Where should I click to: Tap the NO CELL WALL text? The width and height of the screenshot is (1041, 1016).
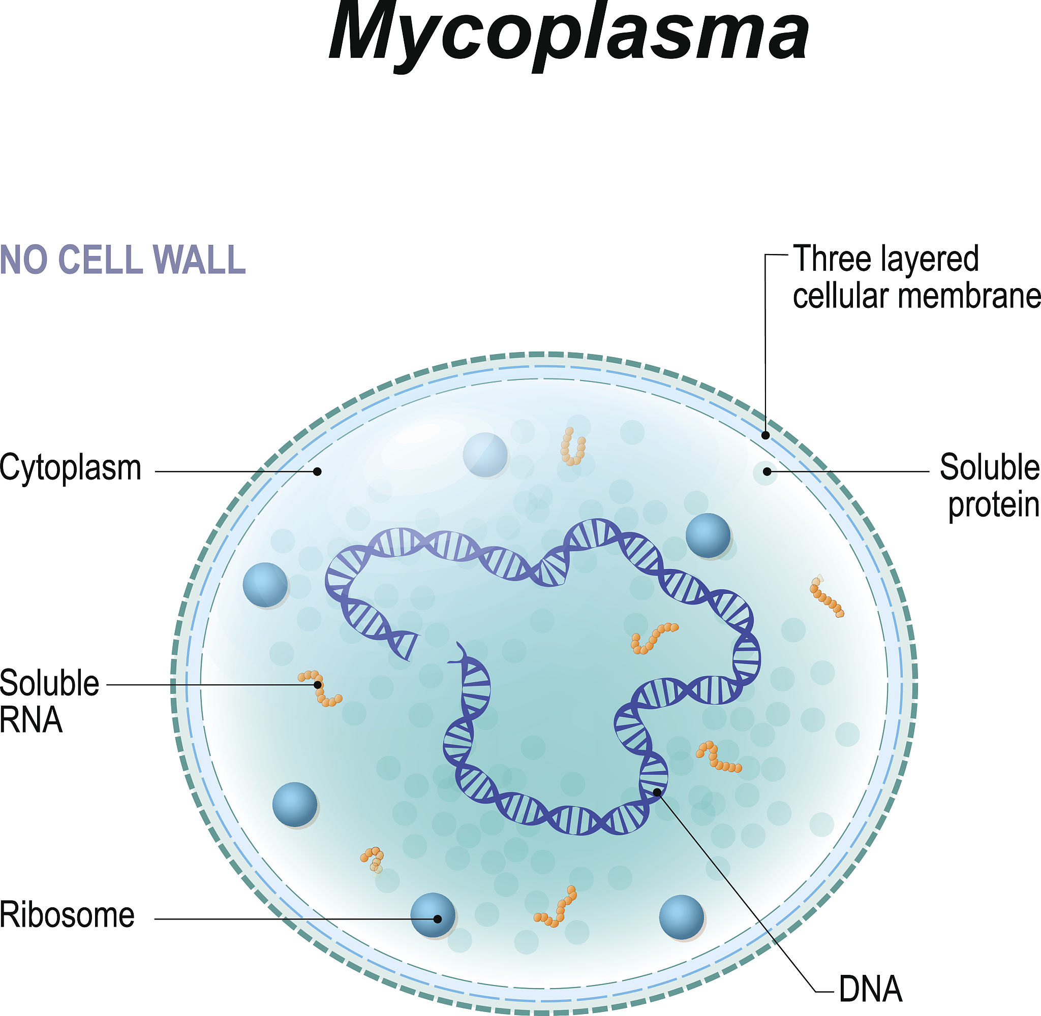tap(123, 260)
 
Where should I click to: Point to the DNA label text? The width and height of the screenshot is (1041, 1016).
tap(871, 989)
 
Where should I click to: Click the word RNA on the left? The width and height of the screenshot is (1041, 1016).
tap(31, 720)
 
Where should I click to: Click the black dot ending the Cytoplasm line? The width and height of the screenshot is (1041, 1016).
tap(317, 471)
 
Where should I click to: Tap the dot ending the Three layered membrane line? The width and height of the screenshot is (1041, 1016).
tap(766, 435)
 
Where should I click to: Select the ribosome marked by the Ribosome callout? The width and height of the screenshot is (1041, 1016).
tap(433, 915)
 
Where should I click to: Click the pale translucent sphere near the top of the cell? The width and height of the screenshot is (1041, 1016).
tap(485, 455)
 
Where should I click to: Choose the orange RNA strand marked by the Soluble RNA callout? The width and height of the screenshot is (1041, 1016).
tap(319, 688)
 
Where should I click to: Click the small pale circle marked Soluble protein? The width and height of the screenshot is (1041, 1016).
tap(766, 472)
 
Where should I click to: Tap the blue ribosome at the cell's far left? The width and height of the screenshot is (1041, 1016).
tap(265, 584)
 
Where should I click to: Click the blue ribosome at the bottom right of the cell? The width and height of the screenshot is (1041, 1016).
tap(682, 917)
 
